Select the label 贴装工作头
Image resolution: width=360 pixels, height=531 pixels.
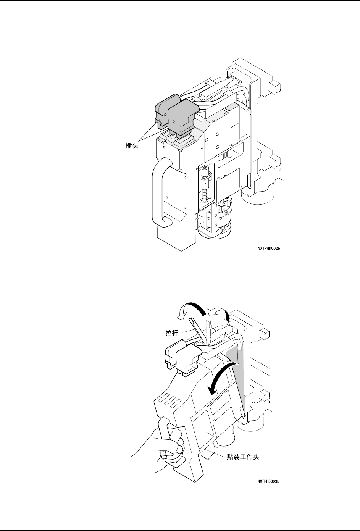pyautogui.click(x=243, y=457)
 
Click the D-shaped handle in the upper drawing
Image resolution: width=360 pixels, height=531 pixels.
pyautogui.click(x=161, y=191)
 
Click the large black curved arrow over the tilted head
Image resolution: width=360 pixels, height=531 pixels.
pyautogui.click(x=218, y=378)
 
